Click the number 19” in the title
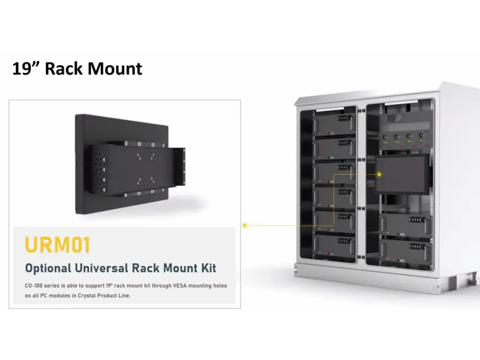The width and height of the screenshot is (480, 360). click(26, 68)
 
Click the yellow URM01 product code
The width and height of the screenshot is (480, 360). click(58, 245)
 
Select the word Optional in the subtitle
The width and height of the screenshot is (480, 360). click(49, 268)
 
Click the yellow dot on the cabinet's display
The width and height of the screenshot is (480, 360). click(379, 174)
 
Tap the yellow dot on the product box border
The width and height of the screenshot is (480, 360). click(245, 226)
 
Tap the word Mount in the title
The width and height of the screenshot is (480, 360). click(115, 68)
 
